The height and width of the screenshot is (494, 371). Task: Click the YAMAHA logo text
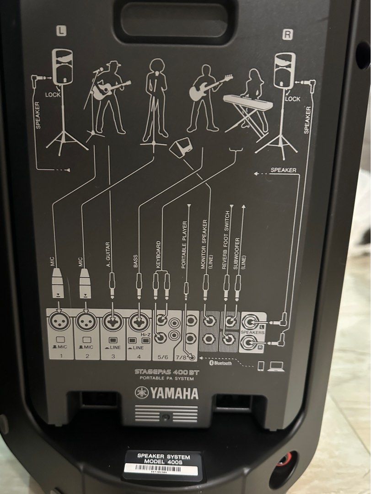point(167,393)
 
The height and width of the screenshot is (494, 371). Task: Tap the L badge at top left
point(61,31)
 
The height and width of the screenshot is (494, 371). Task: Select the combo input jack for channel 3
point(112,322)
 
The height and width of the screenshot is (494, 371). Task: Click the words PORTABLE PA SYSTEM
point(167,379)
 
